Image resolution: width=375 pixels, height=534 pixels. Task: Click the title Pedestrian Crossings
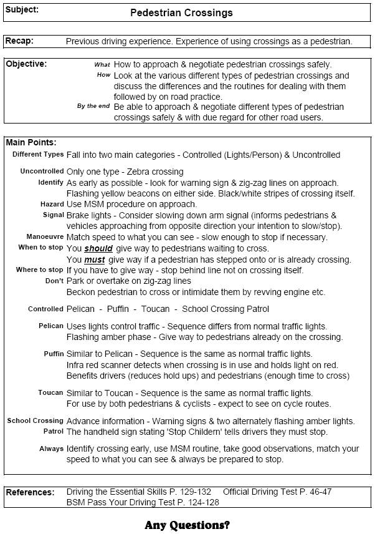click(181, 12)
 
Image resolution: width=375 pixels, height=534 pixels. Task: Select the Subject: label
click(22, 10)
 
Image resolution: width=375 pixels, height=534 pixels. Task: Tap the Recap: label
click(19, 41)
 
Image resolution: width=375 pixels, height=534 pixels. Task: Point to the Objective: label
click(26, 64)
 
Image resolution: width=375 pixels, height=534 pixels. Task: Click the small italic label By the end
click(93, 106)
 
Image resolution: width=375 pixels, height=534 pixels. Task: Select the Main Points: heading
click(31, 143)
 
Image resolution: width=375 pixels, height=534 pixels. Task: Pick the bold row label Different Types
click(38, 154)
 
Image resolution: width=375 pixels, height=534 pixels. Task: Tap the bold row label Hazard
click(52, 204)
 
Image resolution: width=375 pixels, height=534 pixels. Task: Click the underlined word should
click(98, 248)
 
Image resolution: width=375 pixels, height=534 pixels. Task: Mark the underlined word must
click(95, 260)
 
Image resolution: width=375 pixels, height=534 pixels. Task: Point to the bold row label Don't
click(55, 281)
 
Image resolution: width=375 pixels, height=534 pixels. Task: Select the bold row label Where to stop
click(40, 270)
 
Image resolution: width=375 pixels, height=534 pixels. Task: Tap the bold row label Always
click(51, 449)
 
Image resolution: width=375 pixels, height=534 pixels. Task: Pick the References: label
click(30, 492)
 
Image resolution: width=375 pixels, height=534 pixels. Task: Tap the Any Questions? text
click(187, 525)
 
